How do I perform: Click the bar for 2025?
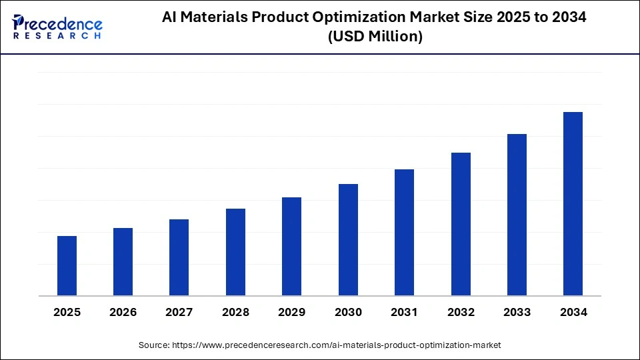(67, 265)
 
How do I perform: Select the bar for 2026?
(123, 261)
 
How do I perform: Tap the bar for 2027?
(179, 257)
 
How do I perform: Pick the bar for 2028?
(235, 252)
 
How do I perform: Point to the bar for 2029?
(291, 246)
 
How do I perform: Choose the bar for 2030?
(348, 239)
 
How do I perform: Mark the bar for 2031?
(404, 232)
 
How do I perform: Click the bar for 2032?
(461, 224)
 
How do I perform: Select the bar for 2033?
(517, 215)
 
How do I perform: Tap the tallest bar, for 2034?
(573, 203)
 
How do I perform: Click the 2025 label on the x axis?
(67, 312)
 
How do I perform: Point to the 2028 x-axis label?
(235, 312)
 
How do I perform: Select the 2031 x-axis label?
(404, 312)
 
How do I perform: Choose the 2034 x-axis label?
(573, 312)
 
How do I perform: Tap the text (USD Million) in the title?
(375, 37)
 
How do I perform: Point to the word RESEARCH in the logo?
(58, 35)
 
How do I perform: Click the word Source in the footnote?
(153, 345)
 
